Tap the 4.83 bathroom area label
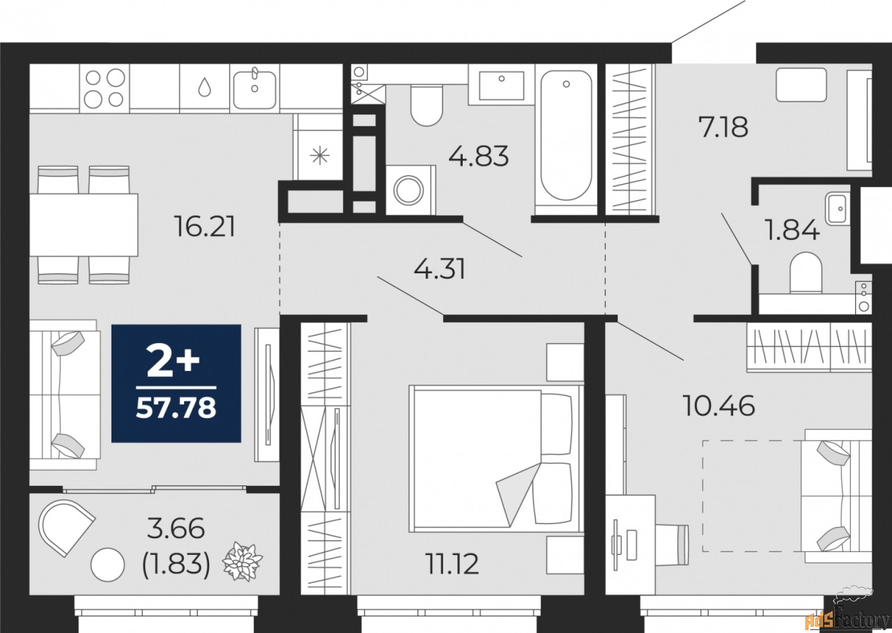point(479,156)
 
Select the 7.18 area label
point(723,128)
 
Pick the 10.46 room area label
point(719,405)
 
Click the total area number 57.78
point(176,408)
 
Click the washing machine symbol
point(410,188)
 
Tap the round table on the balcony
point(107,564)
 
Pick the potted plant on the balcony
point(243,560)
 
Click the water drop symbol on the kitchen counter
point(204,86)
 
